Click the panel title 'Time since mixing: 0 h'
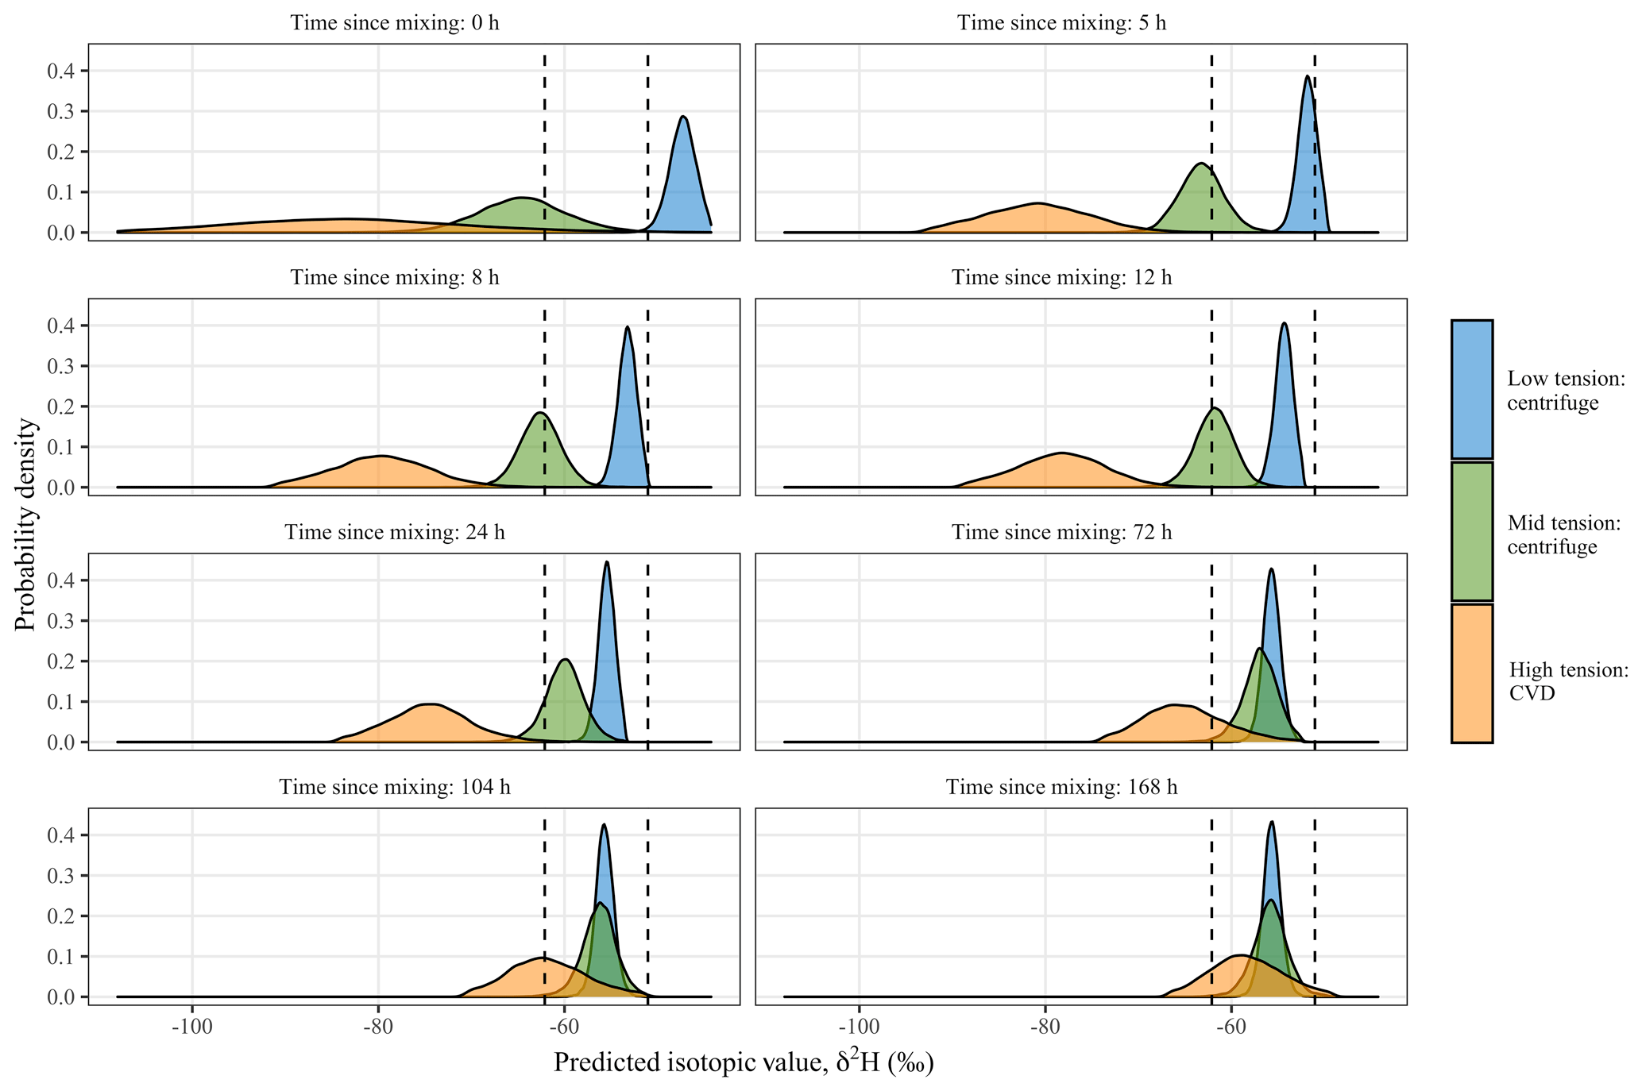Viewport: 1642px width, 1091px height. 395,22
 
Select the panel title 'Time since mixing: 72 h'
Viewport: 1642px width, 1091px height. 1061,532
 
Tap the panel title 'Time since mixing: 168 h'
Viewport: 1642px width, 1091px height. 1061,787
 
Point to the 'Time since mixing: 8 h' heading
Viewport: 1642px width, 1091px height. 395,277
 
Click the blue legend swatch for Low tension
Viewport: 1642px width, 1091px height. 1471,389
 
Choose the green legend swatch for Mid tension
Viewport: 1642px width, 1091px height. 1471,531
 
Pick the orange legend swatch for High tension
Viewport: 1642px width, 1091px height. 1471,673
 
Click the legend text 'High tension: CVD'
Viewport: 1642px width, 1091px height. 1567,681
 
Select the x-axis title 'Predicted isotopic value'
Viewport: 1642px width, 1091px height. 743,1062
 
